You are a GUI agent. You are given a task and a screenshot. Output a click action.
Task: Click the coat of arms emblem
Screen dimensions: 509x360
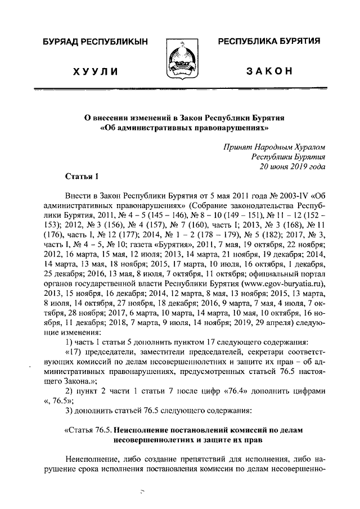181,60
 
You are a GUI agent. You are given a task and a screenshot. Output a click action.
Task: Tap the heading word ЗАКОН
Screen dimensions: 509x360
269,72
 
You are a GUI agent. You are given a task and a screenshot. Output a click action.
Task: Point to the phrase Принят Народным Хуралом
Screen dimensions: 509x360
275,147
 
